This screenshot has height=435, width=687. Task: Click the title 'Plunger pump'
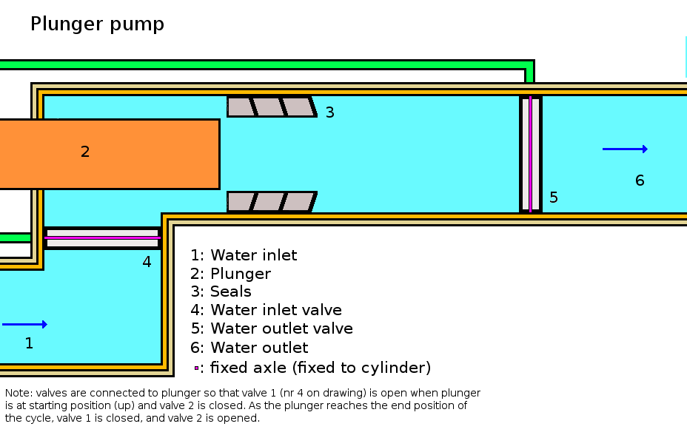click(x=97, y=24)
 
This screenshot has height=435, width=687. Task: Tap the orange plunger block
click(x=133, y=154)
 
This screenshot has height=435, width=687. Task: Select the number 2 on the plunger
click(x=85, y=152)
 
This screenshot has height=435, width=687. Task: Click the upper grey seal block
click(x=271, y=107)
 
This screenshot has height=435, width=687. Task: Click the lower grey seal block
click(x=271, y=202)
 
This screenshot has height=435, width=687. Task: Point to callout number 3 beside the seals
click(x=329, y=112)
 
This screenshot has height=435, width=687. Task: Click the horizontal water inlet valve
click(x=102, y=238)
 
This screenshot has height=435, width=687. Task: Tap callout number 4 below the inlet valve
click(x=147, y=262)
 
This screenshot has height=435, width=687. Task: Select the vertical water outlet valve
click(x=530, y=154)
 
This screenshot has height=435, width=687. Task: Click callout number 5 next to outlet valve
click(x=553, y=198)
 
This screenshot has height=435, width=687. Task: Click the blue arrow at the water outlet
click(x=625, y=149)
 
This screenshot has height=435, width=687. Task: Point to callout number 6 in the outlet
click(x=640, y=181)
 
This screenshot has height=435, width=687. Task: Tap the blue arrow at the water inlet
click(x=24, y=324)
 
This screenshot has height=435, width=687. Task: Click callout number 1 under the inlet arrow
click(x=29, y=343)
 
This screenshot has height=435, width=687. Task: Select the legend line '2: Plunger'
click(x=230, y=274)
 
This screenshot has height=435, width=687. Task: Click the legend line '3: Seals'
click(x=221, y=291)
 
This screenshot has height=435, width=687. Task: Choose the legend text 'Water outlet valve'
click(x=281, y=328)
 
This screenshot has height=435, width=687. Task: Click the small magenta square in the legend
click(x=196, y=368)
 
